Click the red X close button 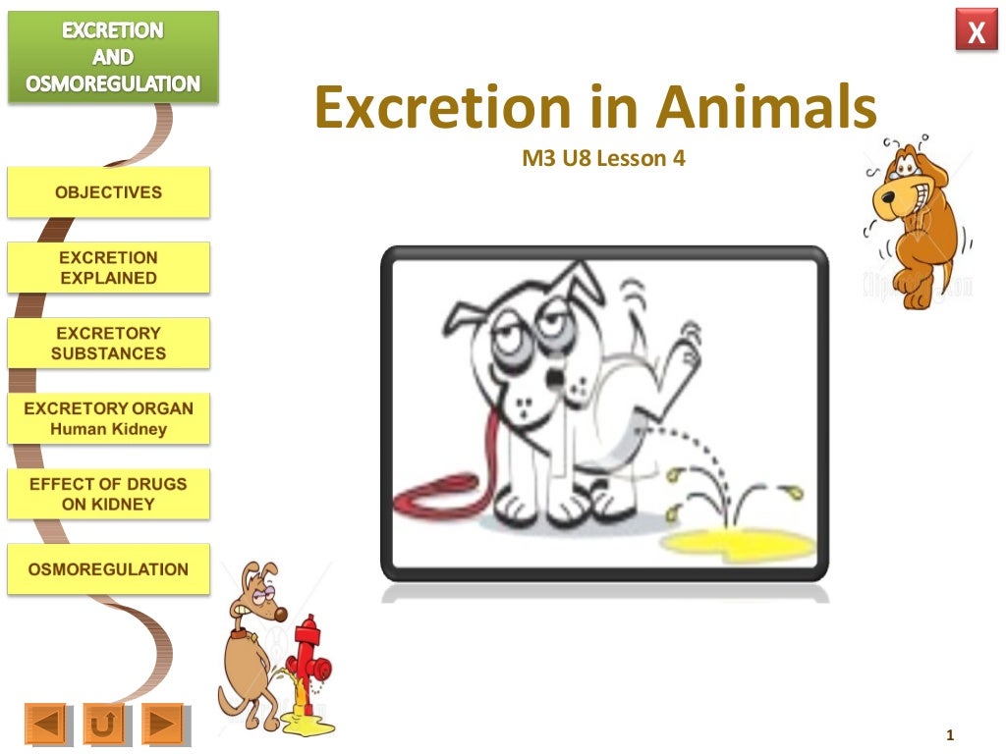976,33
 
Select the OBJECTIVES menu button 108,192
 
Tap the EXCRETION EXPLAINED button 108,267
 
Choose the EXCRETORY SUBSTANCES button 108,343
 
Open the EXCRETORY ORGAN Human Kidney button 108,418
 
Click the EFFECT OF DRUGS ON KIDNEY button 108,494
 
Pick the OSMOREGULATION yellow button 108,569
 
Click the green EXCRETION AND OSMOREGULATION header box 113,57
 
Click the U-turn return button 103,725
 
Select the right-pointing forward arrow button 163,725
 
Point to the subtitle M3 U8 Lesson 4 603,157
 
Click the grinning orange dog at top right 915,221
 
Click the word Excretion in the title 442,108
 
